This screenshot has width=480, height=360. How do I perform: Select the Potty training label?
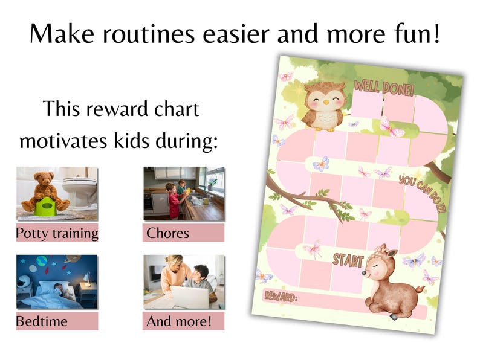point(57,233)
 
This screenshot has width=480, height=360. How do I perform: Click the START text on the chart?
point(348,260)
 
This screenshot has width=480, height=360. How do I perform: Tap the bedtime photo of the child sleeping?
point(57,281)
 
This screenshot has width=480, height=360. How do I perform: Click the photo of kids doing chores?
point(183,193)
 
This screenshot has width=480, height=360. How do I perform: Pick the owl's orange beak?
point(326,101)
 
